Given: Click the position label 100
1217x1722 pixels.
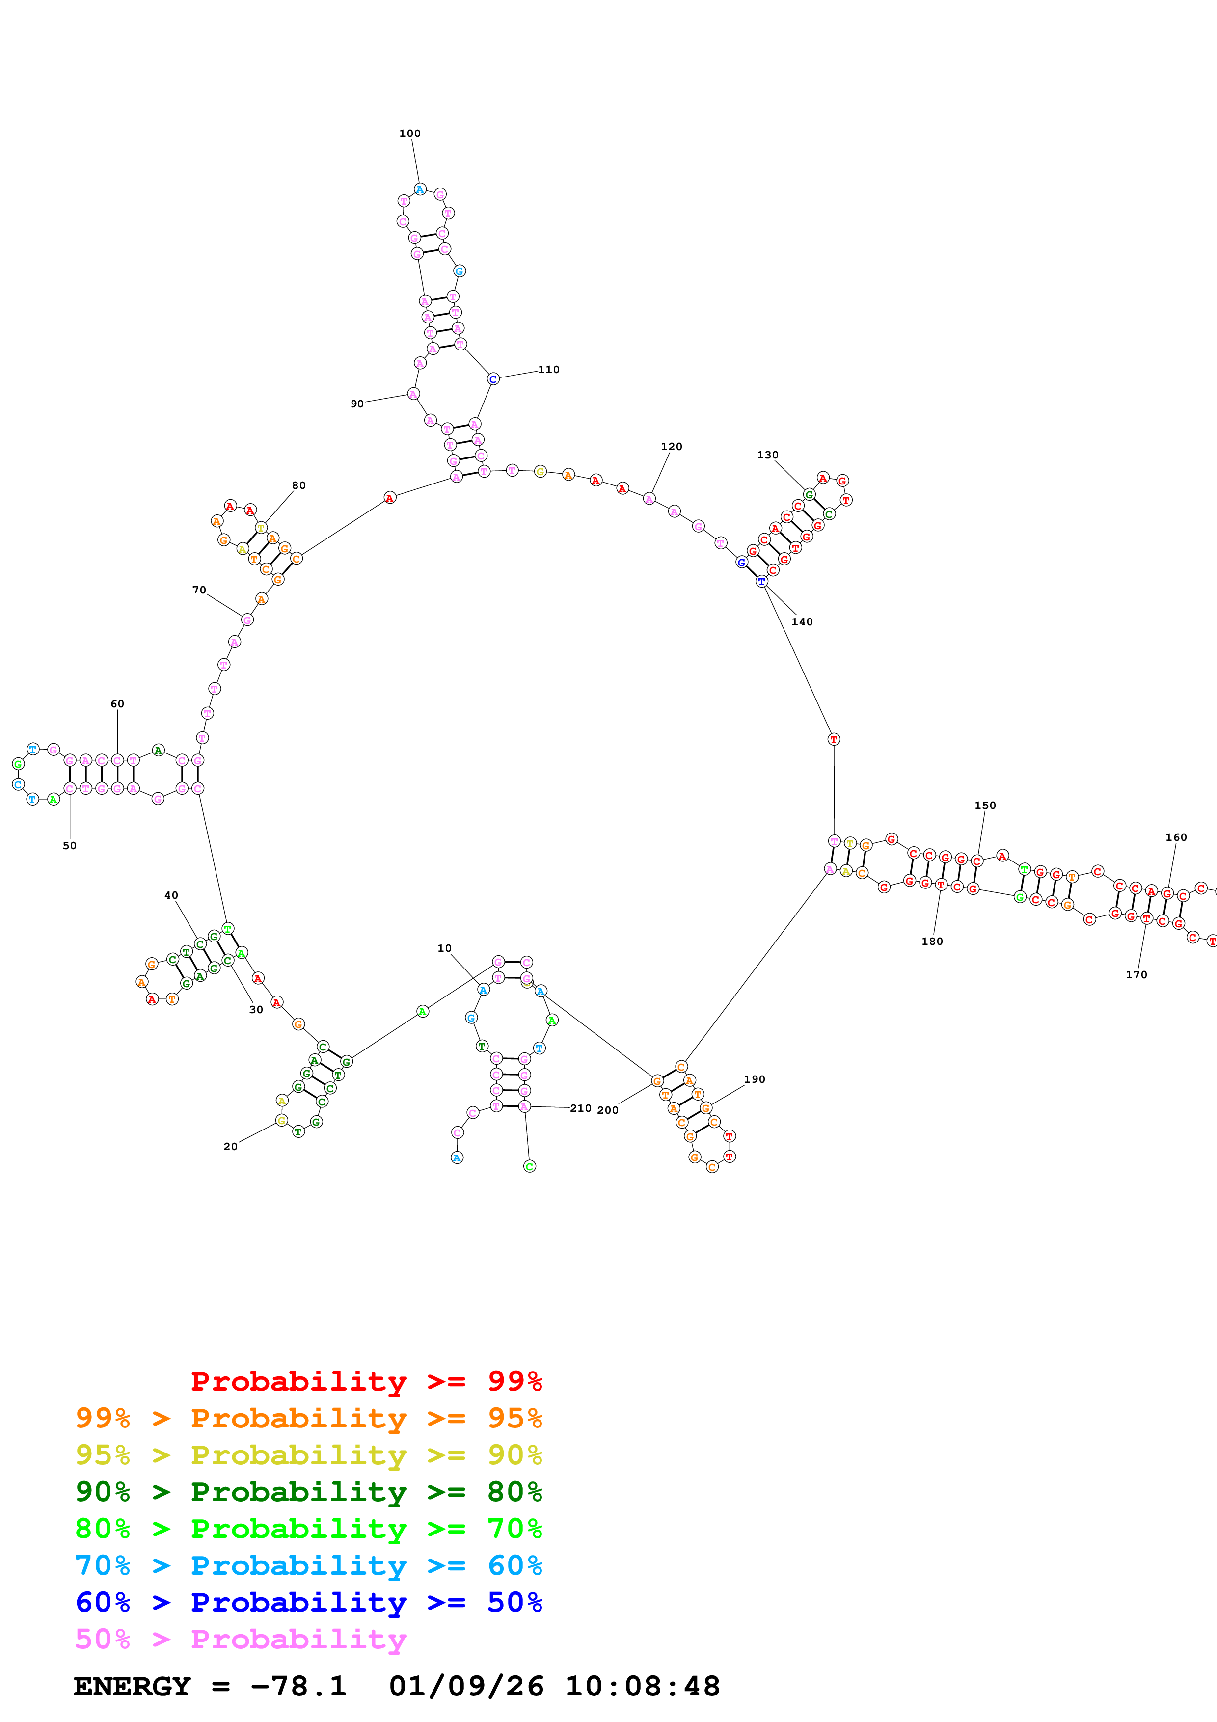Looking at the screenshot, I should pyautogui.click(x=409, y=134).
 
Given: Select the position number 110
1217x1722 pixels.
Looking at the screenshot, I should pyautogui.click(x=548, y=370).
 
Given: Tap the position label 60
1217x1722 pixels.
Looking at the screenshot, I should pyautogui.click(x=117, y=704).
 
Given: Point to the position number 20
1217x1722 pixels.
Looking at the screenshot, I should pyautogui.click(x=230, y=1147).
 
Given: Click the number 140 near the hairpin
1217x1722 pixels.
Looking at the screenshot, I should pyautogui.click(x=802, y=622).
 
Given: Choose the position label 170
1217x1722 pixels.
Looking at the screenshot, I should pyautogui.click(x=1136, y=975).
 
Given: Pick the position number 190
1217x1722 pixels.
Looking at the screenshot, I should pyautogui.click(x=755, y=1079).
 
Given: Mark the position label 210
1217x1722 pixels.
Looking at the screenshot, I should pyautogui.click(x=580, y=1108).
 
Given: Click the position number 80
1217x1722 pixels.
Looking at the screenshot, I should pyautogui.click(x=298, y=485).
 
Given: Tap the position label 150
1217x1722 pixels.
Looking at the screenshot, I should pyautogui.click(x=985, y=806).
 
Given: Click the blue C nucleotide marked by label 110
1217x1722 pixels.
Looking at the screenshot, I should pyautogui.click(x=493, y=379).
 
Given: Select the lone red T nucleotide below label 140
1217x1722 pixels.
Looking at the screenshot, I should pyautogui.click(x=833, y=739).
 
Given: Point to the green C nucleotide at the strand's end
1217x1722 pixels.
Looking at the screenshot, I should pyautogui.click(x=529, y=1166).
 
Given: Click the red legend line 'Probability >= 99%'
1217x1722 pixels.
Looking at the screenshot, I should pyautogui.click(x=366, y=1381).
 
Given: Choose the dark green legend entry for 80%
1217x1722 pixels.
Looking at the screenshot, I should pyautogui.click(x=308, y=1492).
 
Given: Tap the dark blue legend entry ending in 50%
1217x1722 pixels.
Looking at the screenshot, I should pyautogui.click(x=308, y=1602).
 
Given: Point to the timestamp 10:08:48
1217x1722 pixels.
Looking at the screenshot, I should pyautogui.click(x=642, y=1687).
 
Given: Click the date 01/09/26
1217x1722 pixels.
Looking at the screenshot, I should pyautogui.click(x=466, y=1687).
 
